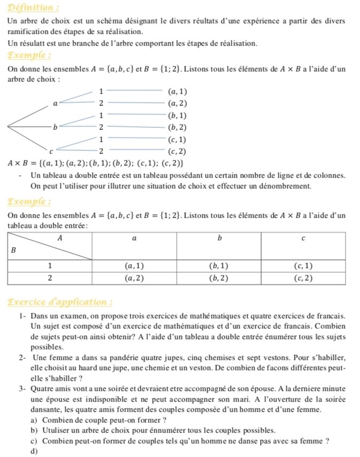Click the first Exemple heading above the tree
29,56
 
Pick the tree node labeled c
51,152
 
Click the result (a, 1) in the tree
177,92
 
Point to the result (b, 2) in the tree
177,127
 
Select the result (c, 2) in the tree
177,151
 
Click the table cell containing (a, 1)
134,266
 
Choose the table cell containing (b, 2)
218,278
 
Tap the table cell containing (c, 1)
303,266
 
